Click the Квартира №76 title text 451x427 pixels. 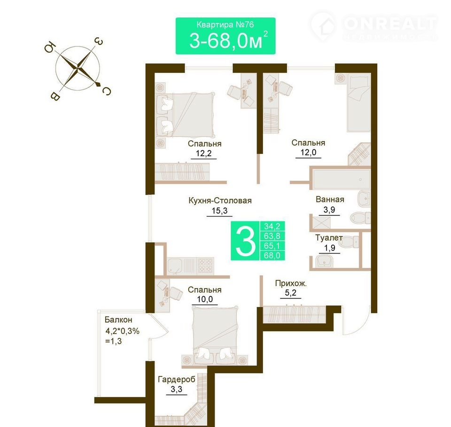coord(225,24)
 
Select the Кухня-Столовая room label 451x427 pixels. coord(220,200)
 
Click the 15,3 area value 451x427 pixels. coord(219,211)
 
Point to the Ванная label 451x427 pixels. coord(330,199)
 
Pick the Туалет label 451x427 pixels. coord(329,238)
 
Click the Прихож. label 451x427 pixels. coord(291,283)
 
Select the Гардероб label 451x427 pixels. coord(177,380)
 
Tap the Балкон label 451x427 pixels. coord(118,320)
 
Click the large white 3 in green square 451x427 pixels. coord(245,241)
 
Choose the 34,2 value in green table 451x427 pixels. coord(272,226)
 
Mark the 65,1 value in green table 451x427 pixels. coord(272,246)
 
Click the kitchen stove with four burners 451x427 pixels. coord(205,265)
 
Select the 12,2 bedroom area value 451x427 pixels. coord(203,153)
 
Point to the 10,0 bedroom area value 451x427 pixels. coord(205,299)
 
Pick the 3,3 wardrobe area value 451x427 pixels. coord(176,389)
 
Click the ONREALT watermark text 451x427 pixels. coord(390,23)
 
